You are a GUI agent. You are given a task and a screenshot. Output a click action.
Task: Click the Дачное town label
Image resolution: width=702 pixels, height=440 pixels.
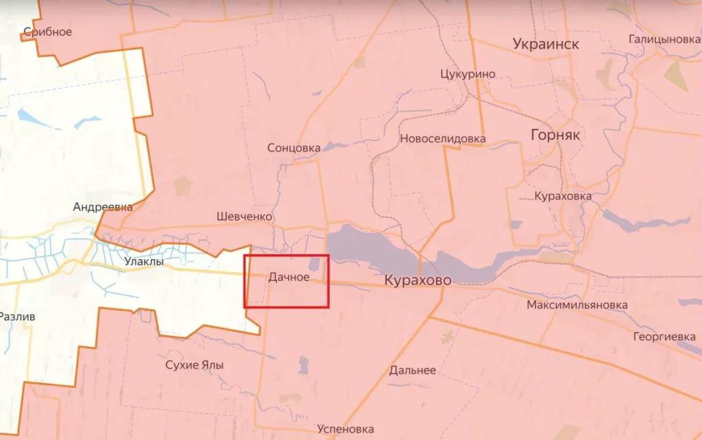pos(289,278)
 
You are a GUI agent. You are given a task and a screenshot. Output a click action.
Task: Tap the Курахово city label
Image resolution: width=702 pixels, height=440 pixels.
pos(417,280)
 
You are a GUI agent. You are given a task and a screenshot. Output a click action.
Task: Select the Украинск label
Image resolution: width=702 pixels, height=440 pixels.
pos(546,45)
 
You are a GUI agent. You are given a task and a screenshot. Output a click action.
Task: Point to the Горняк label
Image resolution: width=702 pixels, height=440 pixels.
pos(555,135)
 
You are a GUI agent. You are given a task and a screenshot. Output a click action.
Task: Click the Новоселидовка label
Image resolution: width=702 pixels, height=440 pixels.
pos(442,139)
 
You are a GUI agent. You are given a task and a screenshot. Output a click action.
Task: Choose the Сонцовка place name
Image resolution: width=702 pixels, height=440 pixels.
pos(293,148)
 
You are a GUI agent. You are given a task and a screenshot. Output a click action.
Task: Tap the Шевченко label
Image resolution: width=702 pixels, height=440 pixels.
pos(244,217)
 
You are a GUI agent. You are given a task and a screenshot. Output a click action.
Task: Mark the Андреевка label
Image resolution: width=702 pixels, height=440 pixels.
pos(103,206)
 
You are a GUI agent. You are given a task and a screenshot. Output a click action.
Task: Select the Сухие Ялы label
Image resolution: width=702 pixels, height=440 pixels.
pos(195,365)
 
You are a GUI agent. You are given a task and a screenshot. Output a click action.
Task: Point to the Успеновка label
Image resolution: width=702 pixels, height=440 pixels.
pos(346,429)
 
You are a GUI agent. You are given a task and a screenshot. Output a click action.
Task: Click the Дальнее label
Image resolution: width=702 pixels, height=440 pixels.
pos(412,370)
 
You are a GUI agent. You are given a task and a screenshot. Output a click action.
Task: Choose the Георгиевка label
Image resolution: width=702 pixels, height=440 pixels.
pos(664,337)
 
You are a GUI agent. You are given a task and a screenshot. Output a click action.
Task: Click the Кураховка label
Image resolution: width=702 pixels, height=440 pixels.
pos(563,196)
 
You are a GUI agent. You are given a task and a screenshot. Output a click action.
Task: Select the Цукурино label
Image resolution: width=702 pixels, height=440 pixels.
pos(468,74)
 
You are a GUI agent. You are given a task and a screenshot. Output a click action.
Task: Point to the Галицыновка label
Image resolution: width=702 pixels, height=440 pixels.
pos(664,39)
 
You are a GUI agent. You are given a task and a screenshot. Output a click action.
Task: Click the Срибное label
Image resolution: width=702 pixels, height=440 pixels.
pos(47,32)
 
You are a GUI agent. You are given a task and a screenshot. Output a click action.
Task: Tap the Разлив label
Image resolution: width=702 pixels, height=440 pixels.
pos(16,317)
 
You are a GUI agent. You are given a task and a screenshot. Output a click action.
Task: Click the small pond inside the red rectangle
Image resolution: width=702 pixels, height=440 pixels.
pos(314,264)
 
